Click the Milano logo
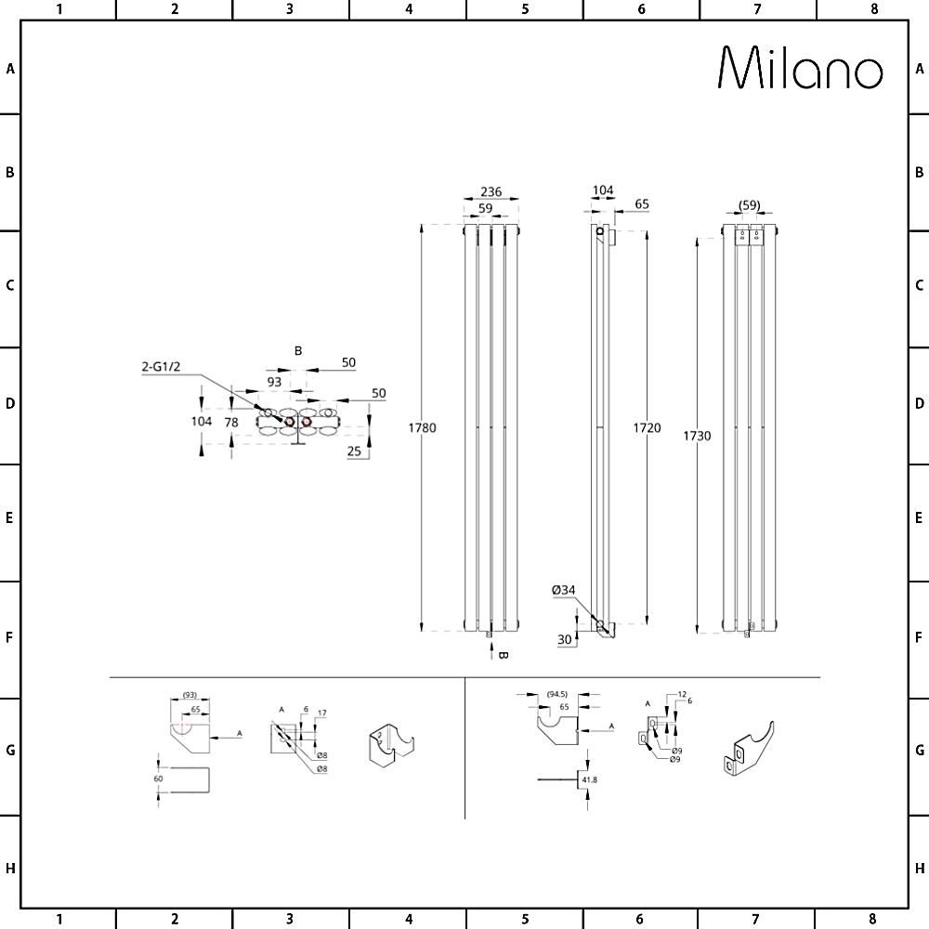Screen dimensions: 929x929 click(x=801, y=69)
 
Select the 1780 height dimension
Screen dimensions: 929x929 click(x=423, y=428)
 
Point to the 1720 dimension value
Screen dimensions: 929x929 click(x=648, y=428)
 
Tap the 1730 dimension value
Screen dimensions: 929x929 click(x=696, y=436)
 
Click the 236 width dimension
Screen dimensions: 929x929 click(x=491, y=192)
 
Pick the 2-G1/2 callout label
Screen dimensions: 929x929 click(x=160, y=368)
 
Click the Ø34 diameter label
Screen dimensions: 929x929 click(x=564, y=589)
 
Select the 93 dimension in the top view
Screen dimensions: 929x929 click(x=274, y=382)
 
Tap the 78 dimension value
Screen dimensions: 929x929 click(x=231, y=422)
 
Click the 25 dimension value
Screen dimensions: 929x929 click(x=354, y=451)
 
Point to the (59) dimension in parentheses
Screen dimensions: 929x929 click(x=750, y=205)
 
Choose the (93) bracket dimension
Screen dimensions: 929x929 click(x=189, y=696)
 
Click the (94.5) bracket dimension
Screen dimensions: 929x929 click(x=557, y=694)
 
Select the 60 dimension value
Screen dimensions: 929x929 click(x=158, y=779)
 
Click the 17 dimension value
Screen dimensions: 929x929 click(x=321, y=713)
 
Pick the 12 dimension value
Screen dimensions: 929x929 click(x=681, y=694)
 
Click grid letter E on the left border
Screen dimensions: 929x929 click(x=9, y=517)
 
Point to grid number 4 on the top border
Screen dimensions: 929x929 click(x=409, y=9)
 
